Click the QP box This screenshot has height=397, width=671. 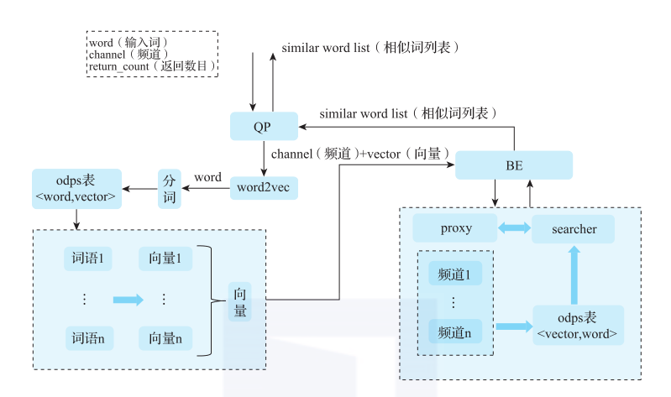coord(263,127)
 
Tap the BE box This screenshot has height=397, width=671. coord(513,165)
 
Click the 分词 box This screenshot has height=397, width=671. coord(169,188)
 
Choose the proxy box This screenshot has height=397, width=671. coord(455,228)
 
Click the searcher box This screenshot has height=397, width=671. coord(574,228)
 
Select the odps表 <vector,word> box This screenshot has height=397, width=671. coord(578,326)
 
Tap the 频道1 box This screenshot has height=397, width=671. coord(455,274)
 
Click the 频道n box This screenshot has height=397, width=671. coord(455,332)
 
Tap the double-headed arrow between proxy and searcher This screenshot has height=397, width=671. coord(512,228)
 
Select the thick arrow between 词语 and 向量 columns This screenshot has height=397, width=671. coord(128,299)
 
